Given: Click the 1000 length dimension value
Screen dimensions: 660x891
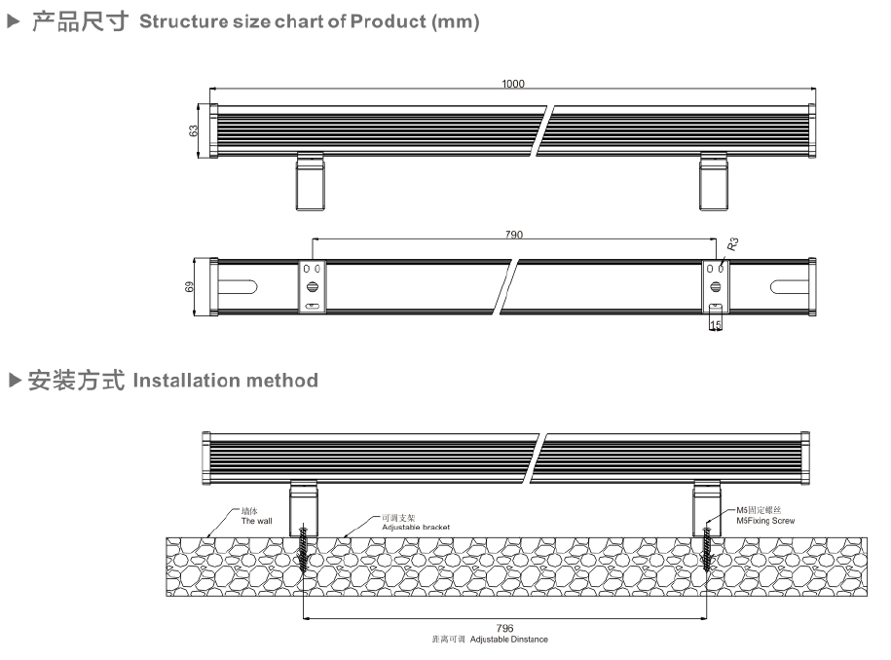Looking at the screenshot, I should pos(512,84).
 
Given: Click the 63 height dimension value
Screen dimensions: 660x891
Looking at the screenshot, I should pos(194,129).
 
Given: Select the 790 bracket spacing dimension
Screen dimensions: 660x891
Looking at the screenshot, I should pos(513,235).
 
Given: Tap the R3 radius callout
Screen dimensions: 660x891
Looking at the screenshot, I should pos(731,244).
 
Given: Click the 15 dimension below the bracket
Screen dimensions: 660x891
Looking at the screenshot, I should pos(716,325).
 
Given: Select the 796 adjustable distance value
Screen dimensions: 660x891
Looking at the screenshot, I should pos(504,629).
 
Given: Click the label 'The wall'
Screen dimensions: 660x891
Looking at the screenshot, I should pos(256,521).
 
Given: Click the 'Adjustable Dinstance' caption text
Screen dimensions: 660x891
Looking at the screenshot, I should pos(508,640).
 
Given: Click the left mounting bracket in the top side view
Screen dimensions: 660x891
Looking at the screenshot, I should pos(310,181).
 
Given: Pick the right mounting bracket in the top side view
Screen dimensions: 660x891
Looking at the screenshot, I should pos(713,181).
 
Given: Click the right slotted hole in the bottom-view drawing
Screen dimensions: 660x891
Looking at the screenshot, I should pos(788,286).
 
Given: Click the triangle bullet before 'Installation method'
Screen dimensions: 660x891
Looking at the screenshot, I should pos(14,380).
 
